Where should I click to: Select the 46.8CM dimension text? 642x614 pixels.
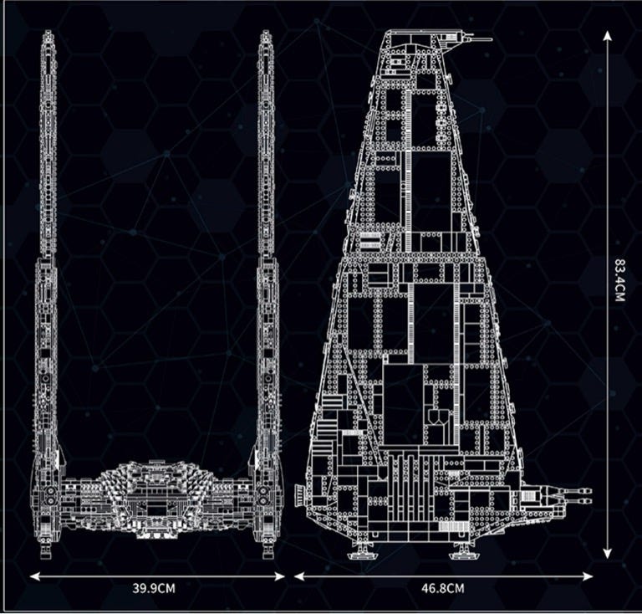(x=443, y=588)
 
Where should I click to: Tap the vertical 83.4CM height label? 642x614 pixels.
(x=619, y=280)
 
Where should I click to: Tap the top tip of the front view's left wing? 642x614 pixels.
(x=48, y=34)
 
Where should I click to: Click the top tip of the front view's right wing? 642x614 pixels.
(x=266, y=34)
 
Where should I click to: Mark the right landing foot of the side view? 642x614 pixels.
(x=461, y=553)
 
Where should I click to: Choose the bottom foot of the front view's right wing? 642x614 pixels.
(x=267, y=551)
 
